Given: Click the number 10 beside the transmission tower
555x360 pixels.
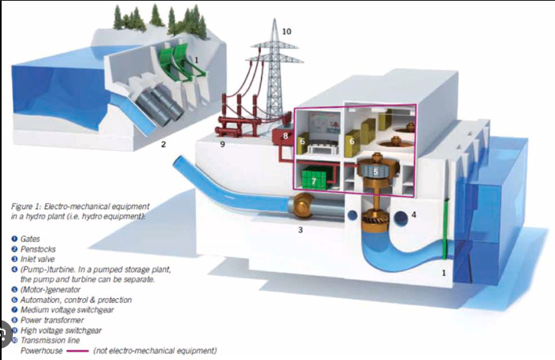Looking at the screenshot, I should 287,31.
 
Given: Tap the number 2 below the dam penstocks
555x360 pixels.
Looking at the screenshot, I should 163,145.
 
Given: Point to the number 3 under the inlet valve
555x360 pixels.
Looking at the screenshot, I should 300,230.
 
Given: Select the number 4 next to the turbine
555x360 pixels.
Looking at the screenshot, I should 414,215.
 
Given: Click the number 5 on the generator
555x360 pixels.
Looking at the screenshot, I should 376,170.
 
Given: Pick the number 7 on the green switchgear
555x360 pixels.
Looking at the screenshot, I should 313,182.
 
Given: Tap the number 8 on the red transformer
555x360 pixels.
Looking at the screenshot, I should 285,137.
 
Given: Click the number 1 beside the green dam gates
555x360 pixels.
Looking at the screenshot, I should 196,59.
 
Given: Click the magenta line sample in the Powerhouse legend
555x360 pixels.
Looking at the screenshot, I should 79,351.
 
